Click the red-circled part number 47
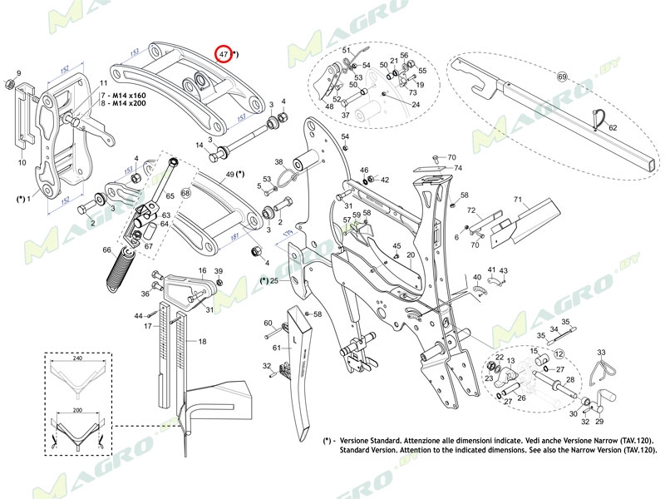[x=224, y=54]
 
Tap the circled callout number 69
[x=562, y=77]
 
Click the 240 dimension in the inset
[x=76, y=359]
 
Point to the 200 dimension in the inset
[x=76, y=411]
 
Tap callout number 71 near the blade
[x=516, y=200]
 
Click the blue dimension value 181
[x=234, y=237]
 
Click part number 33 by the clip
[x=601, y=353]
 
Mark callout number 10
[x=22, y=163]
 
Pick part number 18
[x=202, y=342]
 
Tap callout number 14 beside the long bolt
[x=199, y=146]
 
